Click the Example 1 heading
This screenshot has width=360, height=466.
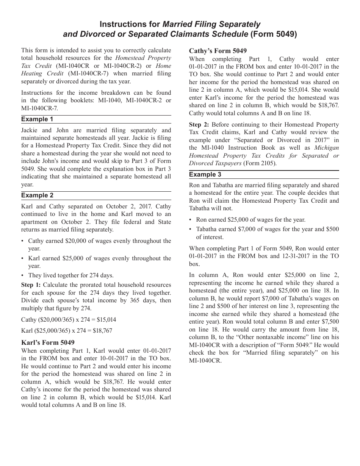[37, 119]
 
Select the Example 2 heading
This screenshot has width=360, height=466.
[37, 195]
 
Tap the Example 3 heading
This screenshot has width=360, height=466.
[205, 175]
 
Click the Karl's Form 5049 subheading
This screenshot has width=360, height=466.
[48, 342]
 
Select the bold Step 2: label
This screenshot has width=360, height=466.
[199, 125]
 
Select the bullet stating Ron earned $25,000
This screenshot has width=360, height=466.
[250, 220]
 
